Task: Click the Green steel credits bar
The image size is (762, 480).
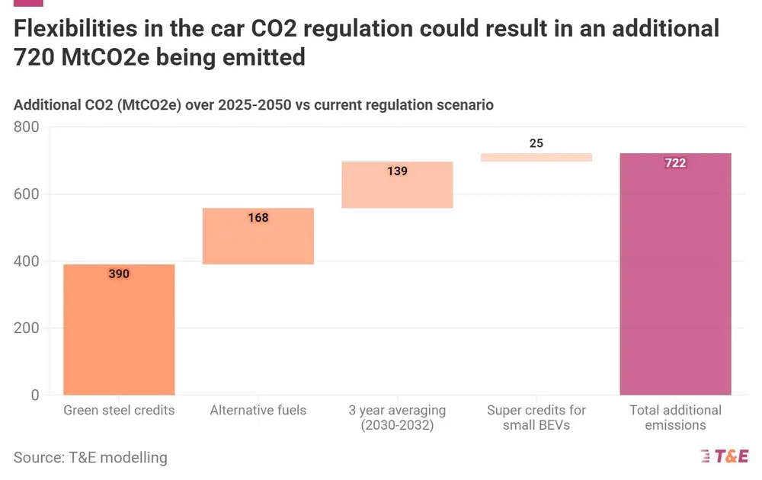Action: tap(119, 329)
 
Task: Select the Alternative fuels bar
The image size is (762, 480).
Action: tap(258, 236)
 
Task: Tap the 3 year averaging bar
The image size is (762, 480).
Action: tap(397, 184)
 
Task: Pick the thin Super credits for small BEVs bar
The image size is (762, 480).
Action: tap(536, 157)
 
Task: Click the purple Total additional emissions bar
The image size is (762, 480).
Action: tap(675, 274)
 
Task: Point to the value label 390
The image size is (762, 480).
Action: tap(119, 274)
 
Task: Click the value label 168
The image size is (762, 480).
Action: tap(258, 218)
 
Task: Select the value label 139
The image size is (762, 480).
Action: tap(397, 171)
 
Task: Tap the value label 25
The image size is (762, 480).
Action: tap(536, 143)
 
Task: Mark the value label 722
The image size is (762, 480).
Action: tap(675, 163)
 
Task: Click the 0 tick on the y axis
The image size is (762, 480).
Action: tap(34, 395)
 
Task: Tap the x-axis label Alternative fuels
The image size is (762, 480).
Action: tap(258, 410)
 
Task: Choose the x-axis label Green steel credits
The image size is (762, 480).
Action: tap(119, 410)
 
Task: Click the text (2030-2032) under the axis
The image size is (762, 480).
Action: tap(397, 425)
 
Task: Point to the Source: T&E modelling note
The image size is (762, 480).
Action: tap(90, 457)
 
